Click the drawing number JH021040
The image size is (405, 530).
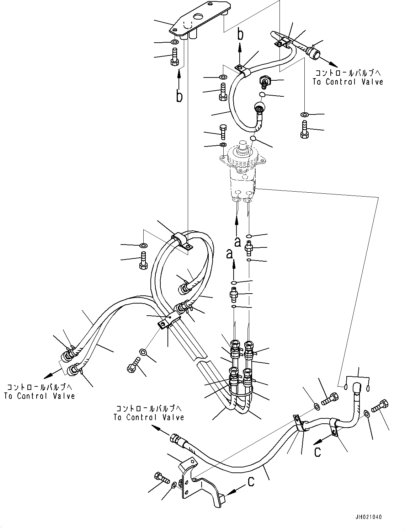[368, 517]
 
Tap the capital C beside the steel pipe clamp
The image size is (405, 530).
[317, 451]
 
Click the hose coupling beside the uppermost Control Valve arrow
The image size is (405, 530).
[313, 51]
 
